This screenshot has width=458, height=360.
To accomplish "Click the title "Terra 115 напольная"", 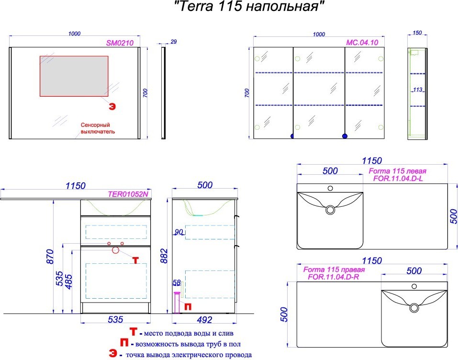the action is [249, 6].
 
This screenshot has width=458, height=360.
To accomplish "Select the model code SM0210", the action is [120, 43].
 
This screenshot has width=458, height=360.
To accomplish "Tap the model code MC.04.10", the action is [362, 43].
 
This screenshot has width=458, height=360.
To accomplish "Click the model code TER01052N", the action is [128, 194].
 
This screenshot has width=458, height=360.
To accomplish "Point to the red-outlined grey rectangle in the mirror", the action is [74, 76].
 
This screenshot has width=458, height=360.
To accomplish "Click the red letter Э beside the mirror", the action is [112, 106].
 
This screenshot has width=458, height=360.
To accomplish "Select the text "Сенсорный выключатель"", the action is [98, 128].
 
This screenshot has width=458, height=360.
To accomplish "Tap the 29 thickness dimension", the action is [174, 42].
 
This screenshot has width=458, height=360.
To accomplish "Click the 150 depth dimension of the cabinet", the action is [417, 33].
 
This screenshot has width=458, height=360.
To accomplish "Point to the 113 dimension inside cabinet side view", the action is [418, 90].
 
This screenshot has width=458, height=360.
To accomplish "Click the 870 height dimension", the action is [50, 257].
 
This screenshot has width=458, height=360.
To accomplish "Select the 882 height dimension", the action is [165, 256].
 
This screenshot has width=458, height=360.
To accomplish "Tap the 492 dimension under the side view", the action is [204, 320].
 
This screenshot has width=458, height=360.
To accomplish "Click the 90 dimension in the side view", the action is [179, 232].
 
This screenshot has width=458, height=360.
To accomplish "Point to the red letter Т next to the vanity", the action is [135, 260].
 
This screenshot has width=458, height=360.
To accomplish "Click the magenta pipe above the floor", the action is [177, 303].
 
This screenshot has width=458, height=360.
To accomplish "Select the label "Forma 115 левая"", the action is [397, 171].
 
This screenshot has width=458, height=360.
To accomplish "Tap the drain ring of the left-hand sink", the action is [331, 210].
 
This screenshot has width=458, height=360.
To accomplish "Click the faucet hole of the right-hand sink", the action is [414, 286].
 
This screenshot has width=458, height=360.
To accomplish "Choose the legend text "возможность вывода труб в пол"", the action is [188, 344].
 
